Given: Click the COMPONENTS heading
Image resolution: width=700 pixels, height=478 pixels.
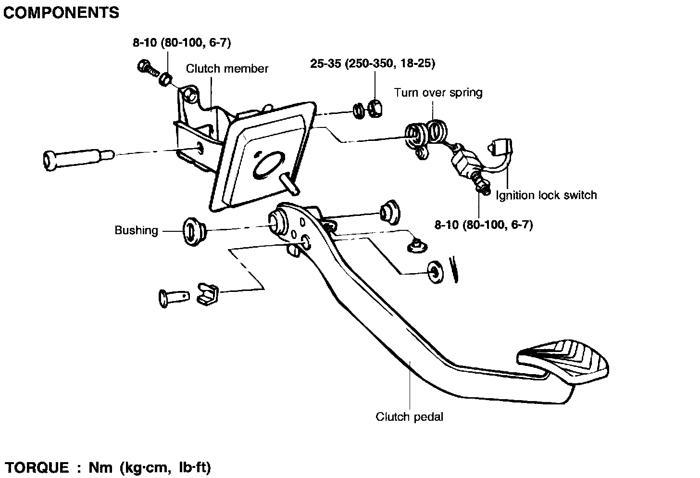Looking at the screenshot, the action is tap(61, 13).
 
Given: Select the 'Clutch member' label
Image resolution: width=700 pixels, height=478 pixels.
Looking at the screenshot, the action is tap(227, 69).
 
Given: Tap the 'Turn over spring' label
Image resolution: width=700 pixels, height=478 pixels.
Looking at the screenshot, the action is tap(438, 93).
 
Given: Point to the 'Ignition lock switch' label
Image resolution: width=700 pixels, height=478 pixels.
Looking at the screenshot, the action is tap(546, 195).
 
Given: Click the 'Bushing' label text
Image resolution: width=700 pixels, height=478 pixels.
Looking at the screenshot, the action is tap(137, 230).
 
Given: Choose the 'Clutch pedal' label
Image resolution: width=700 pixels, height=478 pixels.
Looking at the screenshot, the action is tap(410, 417).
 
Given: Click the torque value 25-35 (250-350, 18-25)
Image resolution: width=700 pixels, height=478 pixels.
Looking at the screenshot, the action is tap(373, 63).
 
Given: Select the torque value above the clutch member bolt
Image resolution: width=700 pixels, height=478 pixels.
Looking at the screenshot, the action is tap(182, 42).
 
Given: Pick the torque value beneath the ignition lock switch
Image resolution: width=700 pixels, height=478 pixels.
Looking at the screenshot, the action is tap(484, 225).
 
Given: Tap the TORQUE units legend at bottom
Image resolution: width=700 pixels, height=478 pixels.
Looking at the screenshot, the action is tap(108, 468).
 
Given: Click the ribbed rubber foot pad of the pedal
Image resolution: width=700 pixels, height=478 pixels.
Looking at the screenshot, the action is tap(562, 361).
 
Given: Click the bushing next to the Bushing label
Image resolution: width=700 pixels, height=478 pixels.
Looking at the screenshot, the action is tap(194, 232).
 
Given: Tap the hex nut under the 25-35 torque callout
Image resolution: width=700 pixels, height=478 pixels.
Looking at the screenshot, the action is tap(375, 109).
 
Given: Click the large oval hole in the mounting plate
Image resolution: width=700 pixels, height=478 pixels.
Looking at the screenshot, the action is tap(269, 166).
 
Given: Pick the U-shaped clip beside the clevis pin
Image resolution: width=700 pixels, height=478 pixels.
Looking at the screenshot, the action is tap(207, 294).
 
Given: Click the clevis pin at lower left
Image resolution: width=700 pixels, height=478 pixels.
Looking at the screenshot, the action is tap(174, 298).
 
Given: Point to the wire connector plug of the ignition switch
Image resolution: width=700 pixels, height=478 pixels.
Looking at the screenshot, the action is tap(500, 148).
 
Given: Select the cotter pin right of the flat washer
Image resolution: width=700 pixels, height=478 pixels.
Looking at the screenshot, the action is tap(454, 269).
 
